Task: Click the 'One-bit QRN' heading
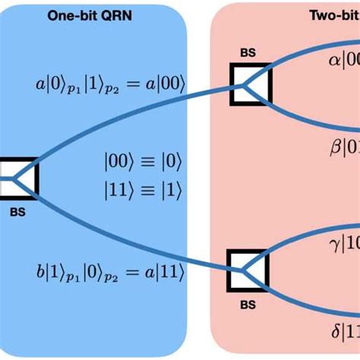click(x=93, y=14)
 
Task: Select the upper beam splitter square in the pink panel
click(x=248, y=84)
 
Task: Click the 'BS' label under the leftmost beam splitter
click(x=18, y=213)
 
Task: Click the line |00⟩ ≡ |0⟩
click(x=144, y=161)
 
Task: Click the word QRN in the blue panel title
click(x=118, y=14)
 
